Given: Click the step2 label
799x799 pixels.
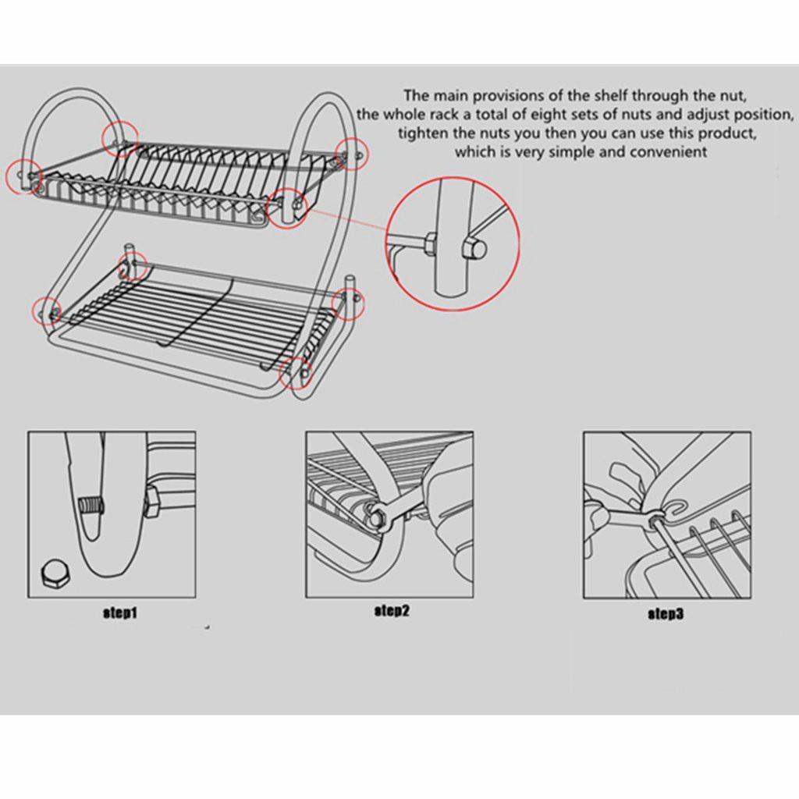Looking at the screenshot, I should tap(392, 611).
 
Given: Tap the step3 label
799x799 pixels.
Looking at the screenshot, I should tap(666, 614).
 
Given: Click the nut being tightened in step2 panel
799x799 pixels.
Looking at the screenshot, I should tap(377, 515).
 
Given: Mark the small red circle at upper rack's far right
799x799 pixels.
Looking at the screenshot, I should tap(350, 153).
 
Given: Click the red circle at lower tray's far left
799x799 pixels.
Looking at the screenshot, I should tap(46, 311).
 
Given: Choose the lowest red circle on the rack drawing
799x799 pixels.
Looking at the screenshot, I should tap(296, 372).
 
